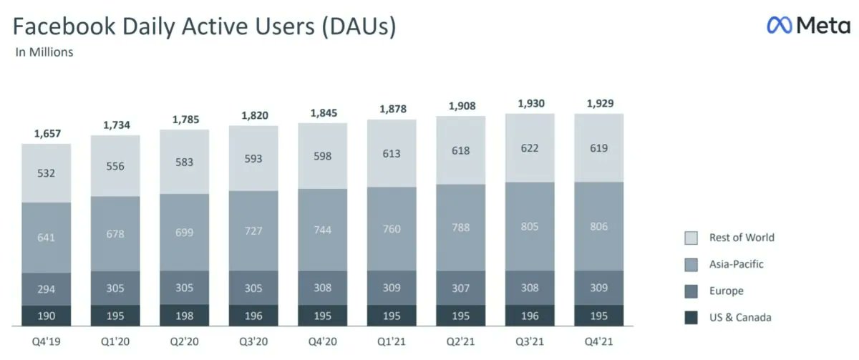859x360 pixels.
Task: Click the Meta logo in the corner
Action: [x=809, y=26]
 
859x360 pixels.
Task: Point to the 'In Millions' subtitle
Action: [x=44, y=52]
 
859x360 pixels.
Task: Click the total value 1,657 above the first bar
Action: [x=47, y=133]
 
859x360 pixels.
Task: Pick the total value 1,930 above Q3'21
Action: [x=530, y=104]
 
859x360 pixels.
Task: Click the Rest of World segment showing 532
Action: [x=47, y=172]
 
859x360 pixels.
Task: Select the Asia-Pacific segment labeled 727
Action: [x=253, y=230]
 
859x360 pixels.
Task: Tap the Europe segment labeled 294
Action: [x=47, y=289]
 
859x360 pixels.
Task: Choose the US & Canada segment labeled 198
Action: [x=185, y=316]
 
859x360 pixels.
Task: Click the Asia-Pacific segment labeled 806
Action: [x=598, y=226]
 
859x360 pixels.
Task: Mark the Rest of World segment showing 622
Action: [x=530, y=147]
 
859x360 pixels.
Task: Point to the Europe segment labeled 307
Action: [x=461, y=288]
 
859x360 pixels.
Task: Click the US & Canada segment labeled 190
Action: [x=47, y=316]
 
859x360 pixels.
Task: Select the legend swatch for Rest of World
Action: [x=691, y=238]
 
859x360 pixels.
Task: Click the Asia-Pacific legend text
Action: [x=737, y=264]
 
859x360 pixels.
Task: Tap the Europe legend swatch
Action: [x=691, y=291]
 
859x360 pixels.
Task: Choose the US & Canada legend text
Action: [x=740, y=318]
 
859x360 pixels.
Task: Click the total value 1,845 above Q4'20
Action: [x=323, y=112]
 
